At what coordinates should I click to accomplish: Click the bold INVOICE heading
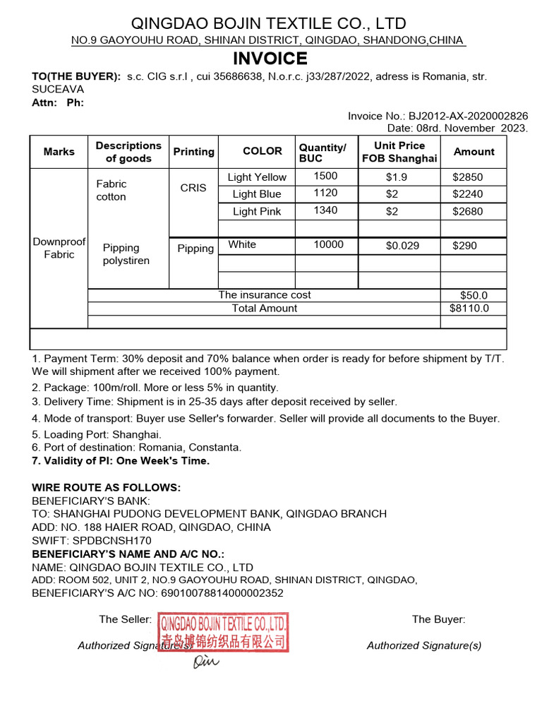pyautogui.click(x=270, y=59)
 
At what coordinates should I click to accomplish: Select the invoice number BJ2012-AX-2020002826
pyautogui.click(x=467, y=116)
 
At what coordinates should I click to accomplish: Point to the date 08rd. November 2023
pyautogui.click(x=457, y=128)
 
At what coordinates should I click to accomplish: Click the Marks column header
pyautogui.click(x=59, y=152)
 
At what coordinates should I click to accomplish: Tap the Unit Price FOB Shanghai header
pyautogui.click(x=399, y=152)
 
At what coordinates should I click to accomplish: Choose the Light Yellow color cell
pyautogui.click(x=257, y=177)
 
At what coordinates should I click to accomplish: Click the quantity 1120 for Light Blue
pyautogui.click(x=325, y=193)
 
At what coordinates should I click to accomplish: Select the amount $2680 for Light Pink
pyautogui.click(x=468, y=211)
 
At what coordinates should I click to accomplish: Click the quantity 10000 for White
pyautogui.click(x=328, y=245)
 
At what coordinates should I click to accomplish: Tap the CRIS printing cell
pyautogui.click(x=193, y=188)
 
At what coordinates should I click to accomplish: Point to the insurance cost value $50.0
pyautogui.click(x=473, y=296)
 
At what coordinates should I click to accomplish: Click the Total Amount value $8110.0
pyautogui.click(x=469, y=309)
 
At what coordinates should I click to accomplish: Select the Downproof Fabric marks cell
pyautogui.click(x=59, y=248)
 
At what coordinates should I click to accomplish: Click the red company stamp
pyautogui.click(x=224, y=632)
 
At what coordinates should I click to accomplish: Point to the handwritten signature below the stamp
pyautogui.click(x=206, y=662)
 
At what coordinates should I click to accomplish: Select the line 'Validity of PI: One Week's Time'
pyautogui.click(x=121, y=461)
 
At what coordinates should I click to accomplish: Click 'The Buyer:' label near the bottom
pyautogui.click(x=438, y=620)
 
